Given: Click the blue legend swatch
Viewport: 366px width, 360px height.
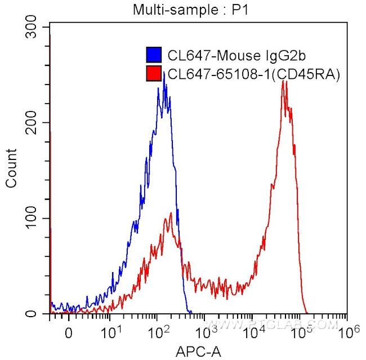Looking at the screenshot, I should [x=154, y=55].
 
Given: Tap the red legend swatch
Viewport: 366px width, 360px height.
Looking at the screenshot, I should [x=154, y=74].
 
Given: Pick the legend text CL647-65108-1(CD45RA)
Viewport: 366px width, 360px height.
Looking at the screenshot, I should [x=254, y=74].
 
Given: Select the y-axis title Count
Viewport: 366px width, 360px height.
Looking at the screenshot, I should [x=11, y=167].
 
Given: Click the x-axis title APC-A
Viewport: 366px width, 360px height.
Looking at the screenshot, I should [x=198, y=352].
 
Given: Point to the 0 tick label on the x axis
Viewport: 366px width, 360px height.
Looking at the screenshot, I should [x=69, y=333].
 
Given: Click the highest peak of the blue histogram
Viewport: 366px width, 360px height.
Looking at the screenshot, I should [x=163, y=73].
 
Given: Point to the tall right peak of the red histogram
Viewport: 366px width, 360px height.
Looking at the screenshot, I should [x=284, y=82].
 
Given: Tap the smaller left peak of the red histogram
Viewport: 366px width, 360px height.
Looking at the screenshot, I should [x=168, y=215].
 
